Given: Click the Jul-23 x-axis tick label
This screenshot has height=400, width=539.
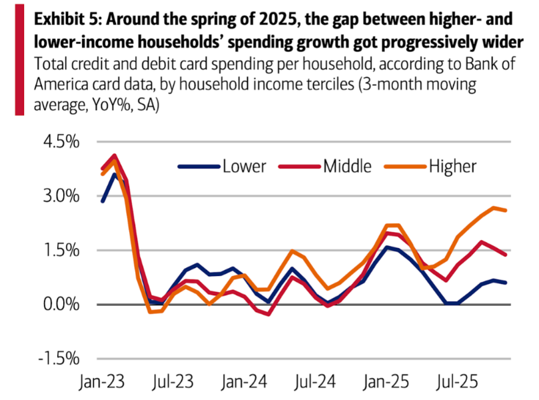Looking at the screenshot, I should [177, 385].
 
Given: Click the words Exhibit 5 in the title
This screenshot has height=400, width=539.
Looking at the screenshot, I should [67, 19].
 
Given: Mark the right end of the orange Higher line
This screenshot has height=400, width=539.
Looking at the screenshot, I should [507, 211].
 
